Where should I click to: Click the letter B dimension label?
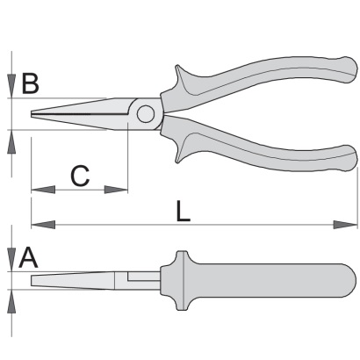tap(31, 84)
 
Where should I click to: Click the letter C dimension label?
tap(80, 176)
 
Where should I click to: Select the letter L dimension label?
tap(183, 211)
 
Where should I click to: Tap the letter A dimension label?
tap(28, 258)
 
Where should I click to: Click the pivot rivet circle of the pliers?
tap(146, 114)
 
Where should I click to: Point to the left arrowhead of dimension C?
tap(43, 190)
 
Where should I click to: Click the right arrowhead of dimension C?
tap(116, 190)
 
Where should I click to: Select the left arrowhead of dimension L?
tap(43, 225)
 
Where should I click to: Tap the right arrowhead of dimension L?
tap(346, 225)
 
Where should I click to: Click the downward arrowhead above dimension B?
tap(11, 86)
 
